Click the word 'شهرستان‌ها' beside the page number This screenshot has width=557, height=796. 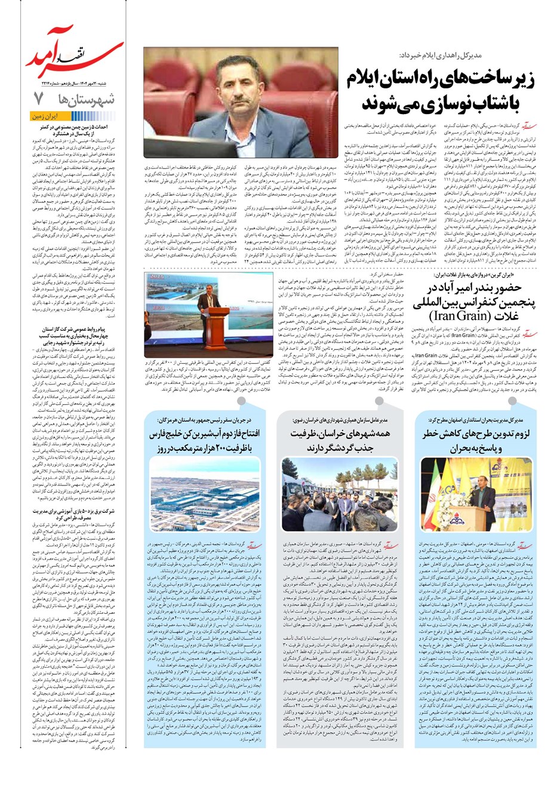(x=86, y=99)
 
